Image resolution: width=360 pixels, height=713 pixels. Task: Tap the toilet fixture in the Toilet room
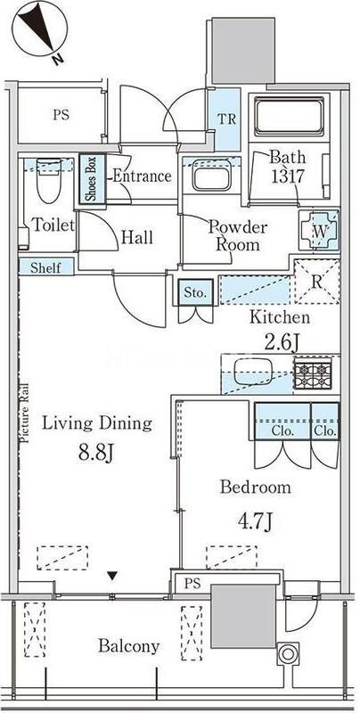(x=49, y=180)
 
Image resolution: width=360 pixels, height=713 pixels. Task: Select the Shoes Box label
(x=93, y=178)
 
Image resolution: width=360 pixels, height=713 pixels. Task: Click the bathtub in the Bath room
(x=289, y=116)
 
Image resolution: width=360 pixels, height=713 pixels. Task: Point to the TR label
(x=226, y=119)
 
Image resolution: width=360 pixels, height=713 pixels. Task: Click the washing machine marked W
(x=320, y=231)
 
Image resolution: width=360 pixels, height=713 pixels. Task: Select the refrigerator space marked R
(x=317, y=281)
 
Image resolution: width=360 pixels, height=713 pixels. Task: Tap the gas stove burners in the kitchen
(x=312, y=374)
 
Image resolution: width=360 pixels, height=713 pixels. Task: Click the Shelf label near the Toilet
(x=45, y=267)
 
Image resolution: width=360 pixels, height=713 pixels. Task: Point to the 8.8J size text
(x=95, y=453)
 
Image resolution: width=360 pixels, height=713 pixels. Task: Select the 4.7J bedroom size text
(x=255, y=521)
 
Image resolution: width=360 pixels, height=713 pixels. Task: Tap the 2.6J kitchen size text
(x=282, y=341)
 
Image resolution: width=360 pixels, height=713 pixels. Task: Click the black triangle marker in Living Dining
(x=113, y=577)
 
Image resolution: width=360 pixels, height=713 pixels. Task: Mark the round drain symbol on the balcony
(x=288, y=654)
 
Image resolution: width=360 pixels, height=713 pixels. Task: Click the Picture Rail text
(x=25, y=413)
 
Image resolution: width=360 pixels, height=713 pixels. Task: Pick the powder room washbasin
(x=210, y=176)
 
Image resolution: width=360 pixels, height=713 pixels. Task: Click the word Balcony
(x=129, y=646)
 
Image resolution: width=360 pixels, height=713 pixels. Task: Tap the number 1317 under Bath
(x=287, y=176)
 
